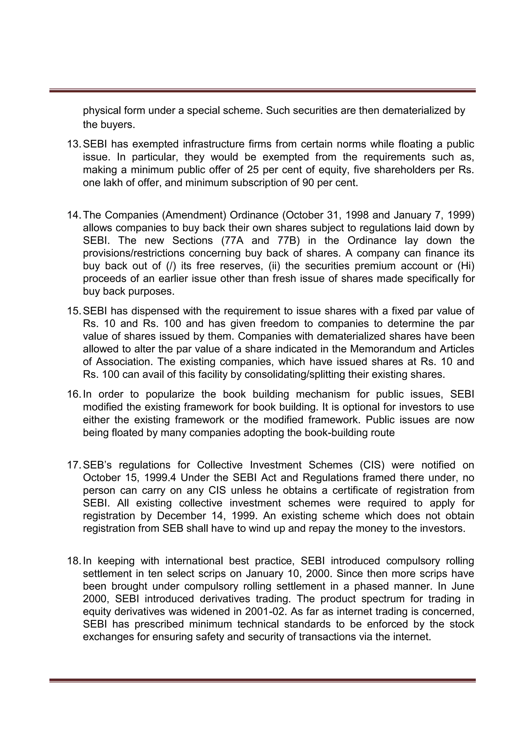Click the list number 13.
pyautogui.click(x=74, y=144)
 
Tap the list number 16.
pyautogui.click(x=74, y=394)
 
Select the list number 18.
pyautogui.click(x=74, y=561)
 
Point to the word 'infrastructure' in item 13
pyautogui.click(x=213, y=144)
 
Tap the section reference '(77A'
pyautogui.click(x=227, y=240)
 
